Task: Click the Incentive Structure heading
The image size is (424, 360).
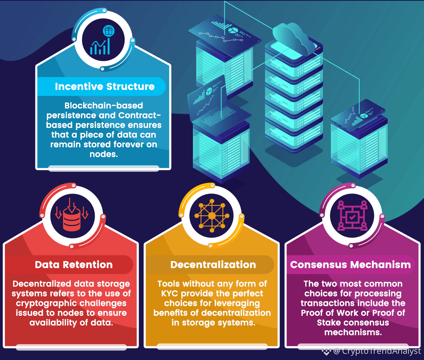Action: point(105,87)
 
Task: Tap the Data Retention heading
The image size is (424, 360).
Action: point(73,265)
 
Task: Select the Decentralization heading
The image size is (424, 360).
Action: point(213,265)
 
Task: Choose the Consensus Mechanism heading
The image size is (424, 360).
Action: point(351,265)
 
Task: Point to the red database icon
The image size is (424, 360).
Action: point(72,216)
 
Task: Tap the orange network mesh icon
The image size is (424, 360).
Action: point(212,216)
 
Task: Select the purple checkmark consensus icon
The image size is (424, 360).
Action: point(352,216)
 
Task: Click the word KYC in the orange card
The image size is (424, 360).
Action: point(170,294)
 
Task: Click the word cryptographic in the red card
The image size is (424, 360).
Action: point(41,303)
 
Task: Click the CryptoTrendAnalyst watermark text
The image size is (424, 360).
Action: point(381,351)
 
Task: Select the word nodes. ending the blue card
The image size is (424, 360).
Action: point(104,154)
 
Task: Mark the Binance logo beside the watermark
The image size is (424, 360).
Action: point(326,351)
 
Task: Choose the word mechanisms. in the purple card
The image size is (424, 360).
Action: point(353,332)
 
